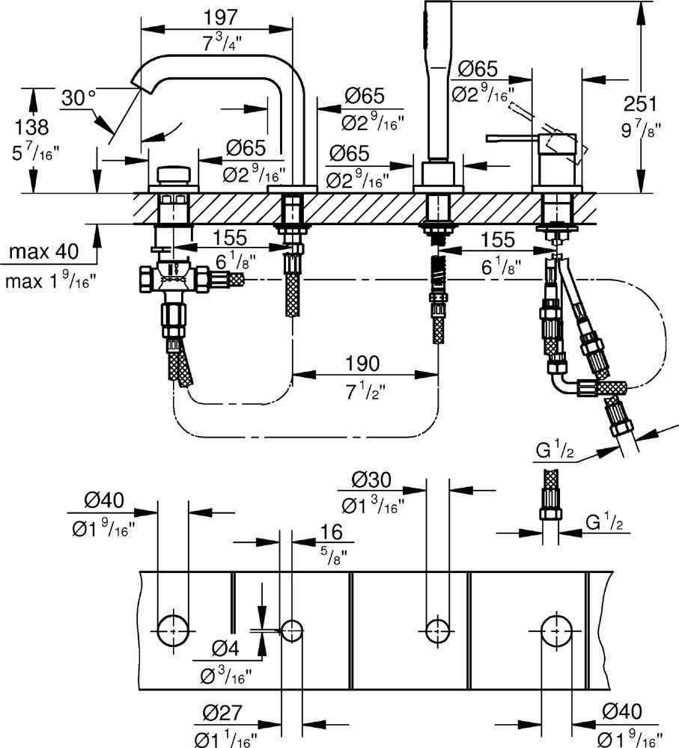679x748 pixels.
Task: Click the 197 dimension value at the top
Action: [x=222, y=16]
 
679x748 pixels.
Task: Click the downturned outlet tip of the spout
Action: [x=140, y=82]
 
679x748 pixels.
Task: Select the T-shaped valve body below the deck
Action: [x=174, y=280]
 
